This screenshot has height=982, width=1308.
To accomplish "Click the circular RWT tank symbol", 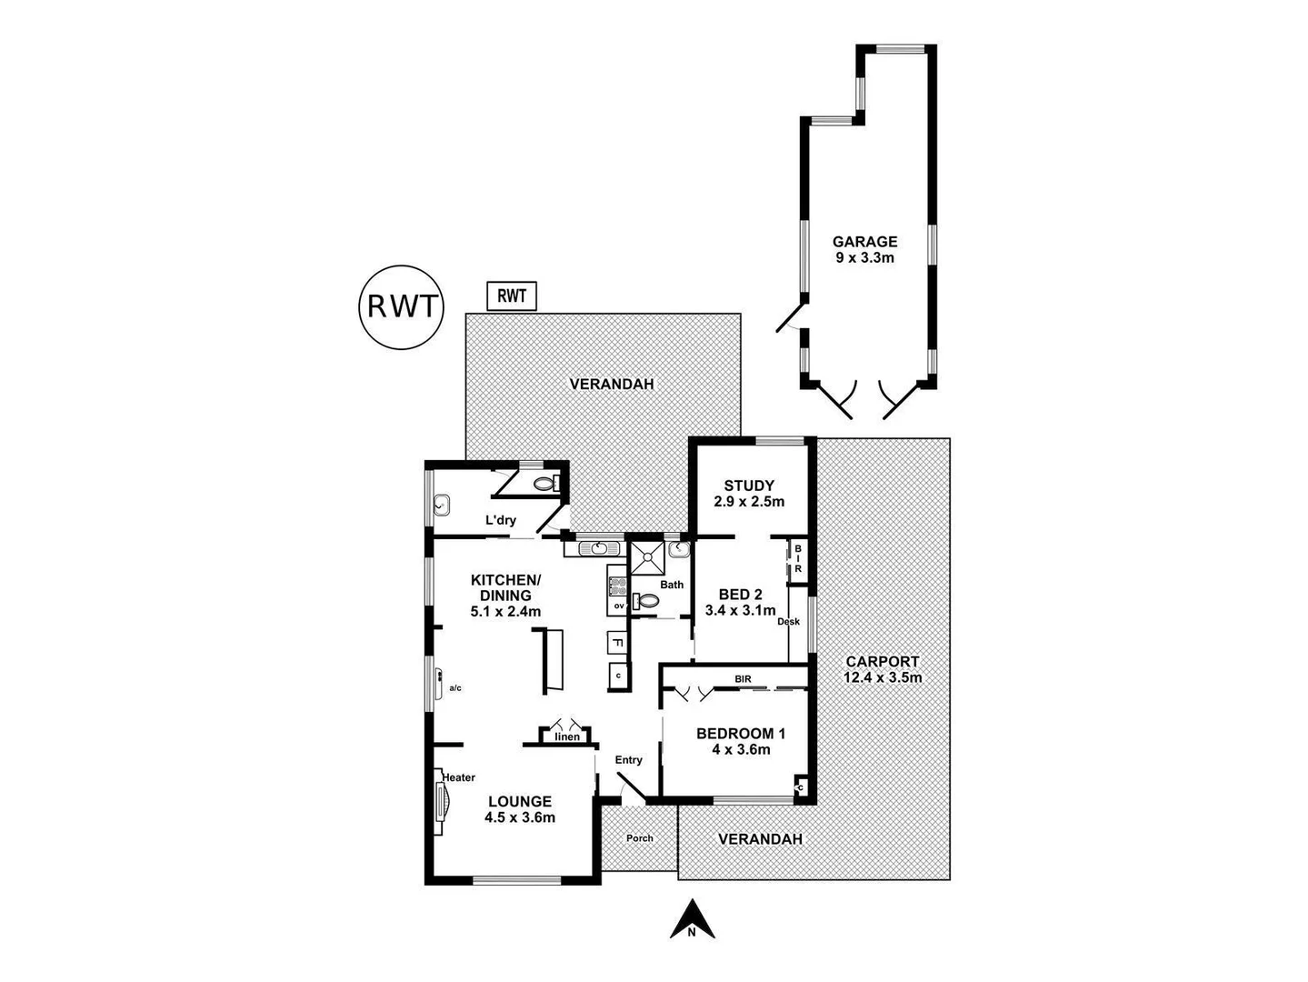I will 401,306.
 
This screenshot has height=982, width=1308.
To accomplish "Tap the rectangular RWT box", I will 513,296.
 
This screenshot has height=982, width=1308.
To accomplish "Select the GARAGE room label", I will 865,249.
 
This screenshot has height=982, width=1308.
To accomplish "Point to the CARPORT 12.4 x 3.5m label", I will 882,669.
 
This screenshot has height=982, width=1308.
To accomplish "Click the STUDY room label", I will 749,493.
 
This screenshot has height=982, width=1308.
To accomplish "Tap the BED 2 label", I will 740,602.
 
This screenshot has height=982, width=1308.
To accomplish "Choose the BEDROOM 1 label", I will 740,741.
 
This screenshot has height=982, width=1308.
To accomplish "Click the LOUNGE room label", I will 520,808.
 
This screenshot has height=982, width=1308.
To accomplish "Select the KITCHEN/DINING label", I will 505,595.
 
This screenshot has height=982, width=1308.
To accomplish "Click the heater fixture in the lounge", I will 443,804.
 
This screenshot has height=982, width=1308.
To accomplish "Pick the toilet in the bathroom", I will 648,601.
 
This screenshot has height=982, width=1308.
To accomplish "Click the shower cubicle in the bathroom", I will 647,558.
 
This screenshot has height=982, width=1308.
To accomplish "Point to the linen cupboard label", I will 566,736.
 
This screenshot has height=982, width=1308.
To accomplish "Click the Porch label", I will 640,837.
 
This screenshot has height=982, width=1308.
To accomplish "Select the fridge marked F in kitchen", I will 617,643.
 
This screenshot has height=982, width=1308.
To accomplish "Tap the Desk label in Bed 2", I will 788,622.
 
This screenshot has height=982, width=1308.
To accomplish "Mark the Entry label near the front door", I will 628,760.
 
